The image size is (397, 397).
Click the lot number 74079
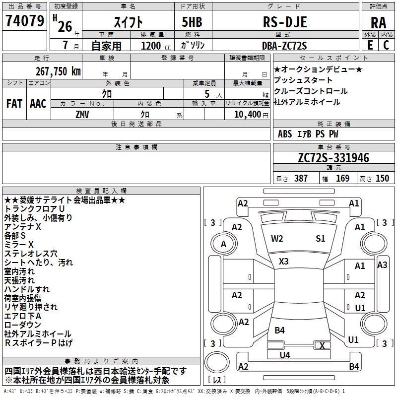tap(24, 21)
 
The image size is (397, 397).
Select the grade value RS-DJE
tap(284, 22)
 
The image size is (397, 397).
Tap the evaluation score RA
tap(378, 23)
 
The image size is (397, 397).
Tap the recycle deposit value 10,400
tap(247, 114)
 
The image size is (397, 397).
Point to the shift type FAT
tap(14, 104)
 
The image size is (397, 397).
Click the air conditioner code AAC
tap(38, 104)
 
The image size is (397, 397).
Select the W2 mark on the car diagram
tap(277, 239)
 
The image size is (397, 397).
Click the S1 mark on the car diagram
tap(321, 239)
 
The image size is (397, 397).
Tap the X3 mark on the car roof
tap(284, 261)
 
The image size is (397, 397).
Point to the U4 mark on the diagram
tap(285, 355)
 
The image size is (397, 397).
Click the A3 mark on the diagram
tap(382, 265)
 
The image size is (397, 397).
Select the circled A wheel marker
tap(223, 244)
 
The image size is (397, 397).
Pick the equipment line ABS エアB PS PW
tap(308, 133)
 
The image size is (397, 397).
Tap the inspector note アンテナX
tap(23, 226)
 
